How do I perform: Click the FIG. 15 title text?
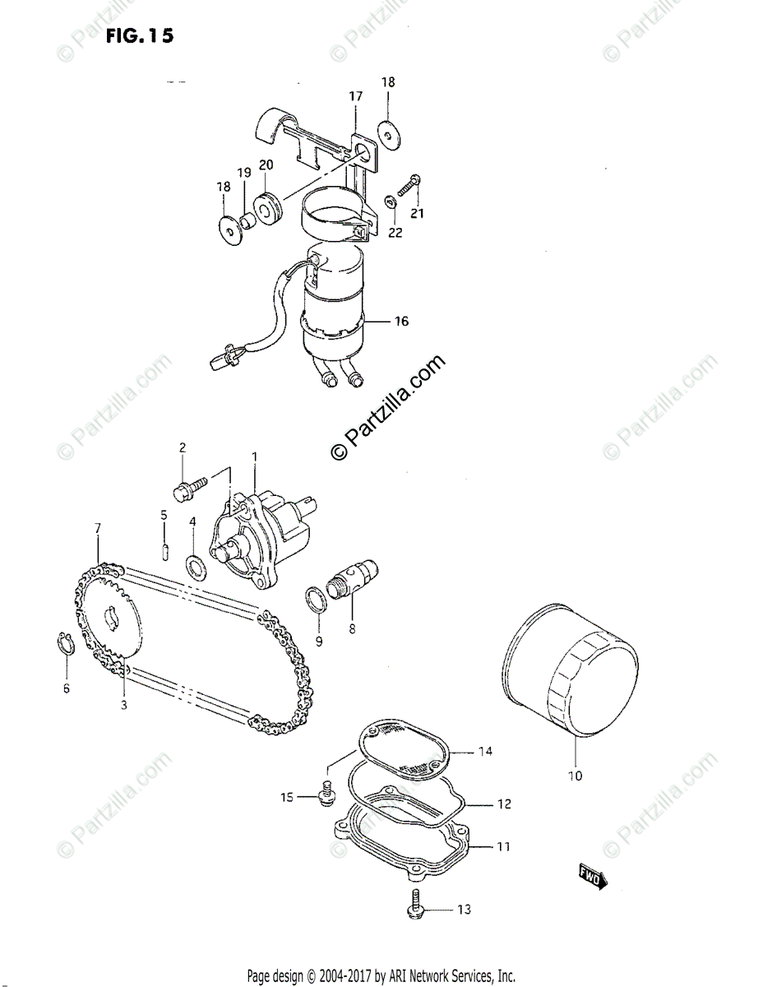140,37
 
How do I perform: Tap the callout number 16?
400,321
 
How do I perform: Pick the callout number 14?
485,752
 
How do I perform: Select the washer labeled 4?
196,565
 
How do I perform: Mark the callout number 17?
355,97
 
